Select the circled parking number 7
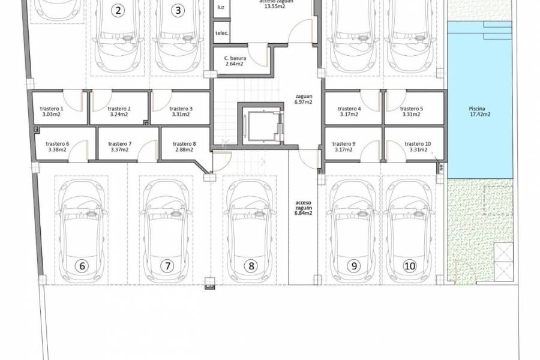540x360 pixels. click(x=167, y=265)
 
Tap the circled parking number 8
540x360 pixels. click(x=251, y=265)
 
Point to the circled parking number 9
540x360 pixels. click(x=353, y=265)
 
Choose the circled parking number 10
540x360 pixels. click(x=410, y=265)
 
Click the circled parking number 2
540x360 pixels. click(x=119, y=11)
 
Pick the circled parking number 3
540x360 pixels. click(x=177, y=11)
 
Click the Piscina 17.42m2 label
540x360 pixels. click(x=479, y=112)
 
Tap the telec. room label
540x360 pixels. click(x=221, y=34)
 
